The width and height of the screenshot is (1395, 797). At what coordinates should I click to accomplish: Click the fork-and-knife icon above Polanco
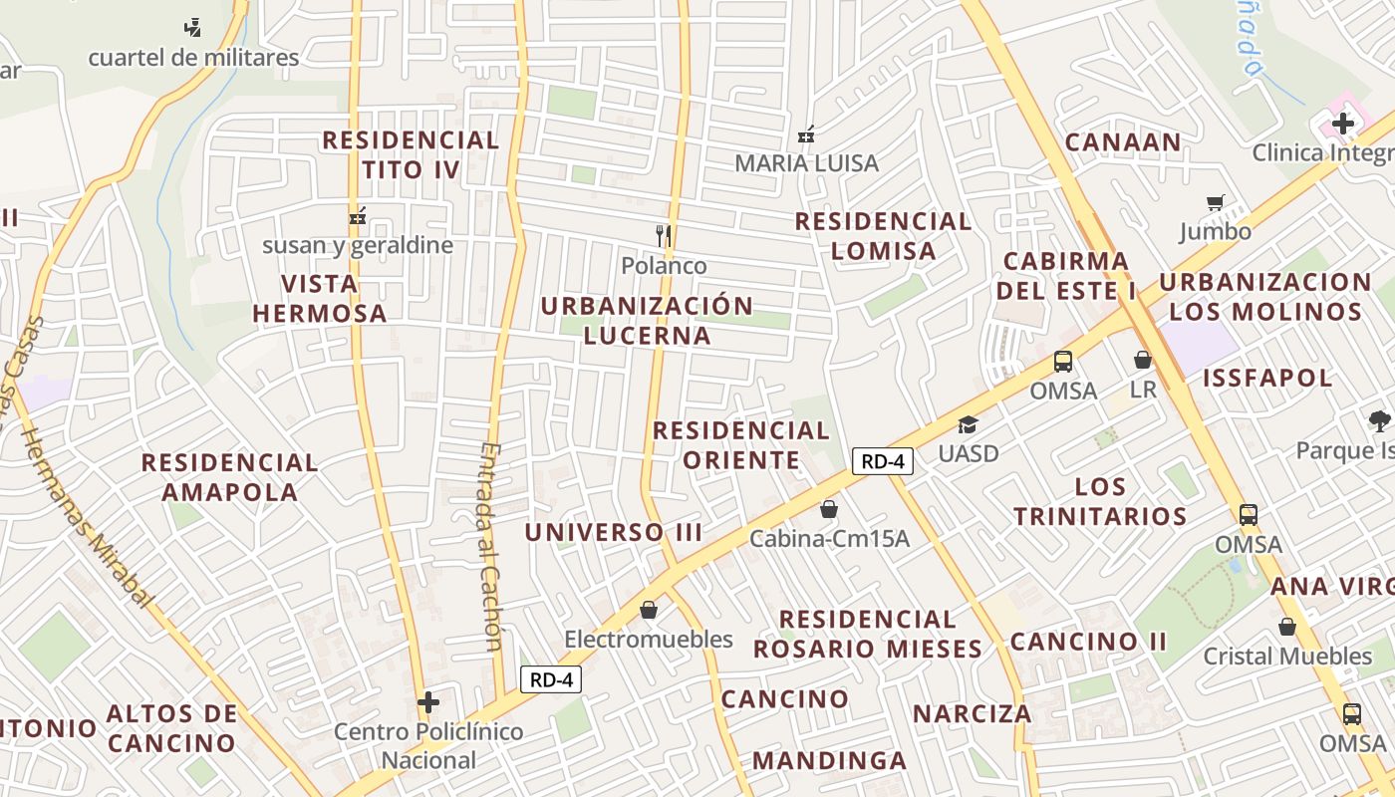click(664, 236)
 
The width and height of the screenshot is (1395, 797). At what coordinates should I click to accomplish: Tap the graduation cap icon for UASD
click(968, 425)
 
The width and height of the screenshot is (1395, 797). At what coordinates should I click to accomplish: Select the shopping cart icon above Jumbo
click(1215, 203)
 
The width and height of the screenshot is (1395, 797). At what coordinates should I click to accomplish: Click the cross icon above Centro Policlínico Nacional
click(428, 702)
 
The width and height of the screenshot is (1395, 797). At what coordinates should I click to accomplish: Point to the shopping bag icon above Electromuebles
click(649, 610)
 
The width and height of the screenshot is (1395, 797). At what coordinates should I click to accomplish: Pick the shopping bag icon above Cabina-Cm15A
click(828, 510)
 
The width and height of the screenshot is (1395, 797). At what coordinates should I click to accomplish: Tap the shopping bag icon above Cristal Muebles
click(1287, 627)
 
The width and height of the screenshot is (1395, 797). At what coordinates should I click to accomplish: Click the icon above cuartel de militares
click(193, 28)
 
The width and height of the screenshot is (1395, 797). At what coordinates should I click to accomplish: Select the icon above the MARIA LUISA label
click(806, 133)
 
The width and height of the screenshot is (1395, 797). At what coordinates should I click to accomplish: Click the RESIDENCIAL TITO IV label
click(411, 154)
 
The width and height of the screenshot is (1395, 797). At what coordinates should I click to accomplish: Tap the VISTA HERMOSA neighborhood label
click(319, 298)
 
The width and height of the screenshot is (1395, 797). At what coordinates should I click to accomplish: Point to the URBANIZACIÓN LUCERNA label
click(648, 320)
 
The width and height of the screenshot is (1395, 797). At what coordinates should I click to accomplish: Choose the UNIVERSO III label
click(614, 532)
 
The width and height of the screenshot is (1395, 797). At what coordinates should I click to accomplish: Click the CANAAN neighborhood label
click(1123, 142)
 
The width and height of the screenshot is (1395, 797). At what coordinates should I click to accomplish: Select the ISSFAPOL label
click(1267, 378)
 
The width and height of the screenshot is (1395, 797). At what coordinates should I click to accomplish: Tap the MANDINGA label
click(829, 761)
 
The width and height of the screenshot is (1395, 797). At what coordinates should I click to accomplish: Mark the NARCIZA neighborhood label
click(973, 713)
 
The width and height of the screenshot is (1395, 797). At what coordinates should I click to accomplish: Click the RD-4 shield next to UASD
click(883, 461)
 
